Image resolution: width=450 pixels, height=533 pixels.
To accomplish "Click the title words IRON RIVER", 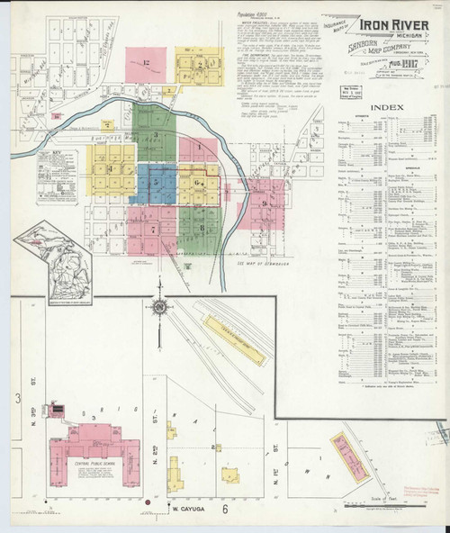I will [x=390, y=26].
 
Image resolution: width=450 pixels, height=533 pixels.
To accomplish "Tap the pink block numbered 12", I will [x=146, y=65].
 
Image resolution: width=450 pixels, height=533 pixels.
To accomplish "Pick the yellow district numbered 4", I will [x=110, y=168].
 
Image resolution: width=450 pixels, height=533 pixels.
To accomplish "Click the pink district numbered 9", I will [x=265, y=204].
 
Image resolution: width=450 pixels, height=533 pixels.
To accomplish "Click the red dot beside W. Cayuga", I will [x=147, y=501].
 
